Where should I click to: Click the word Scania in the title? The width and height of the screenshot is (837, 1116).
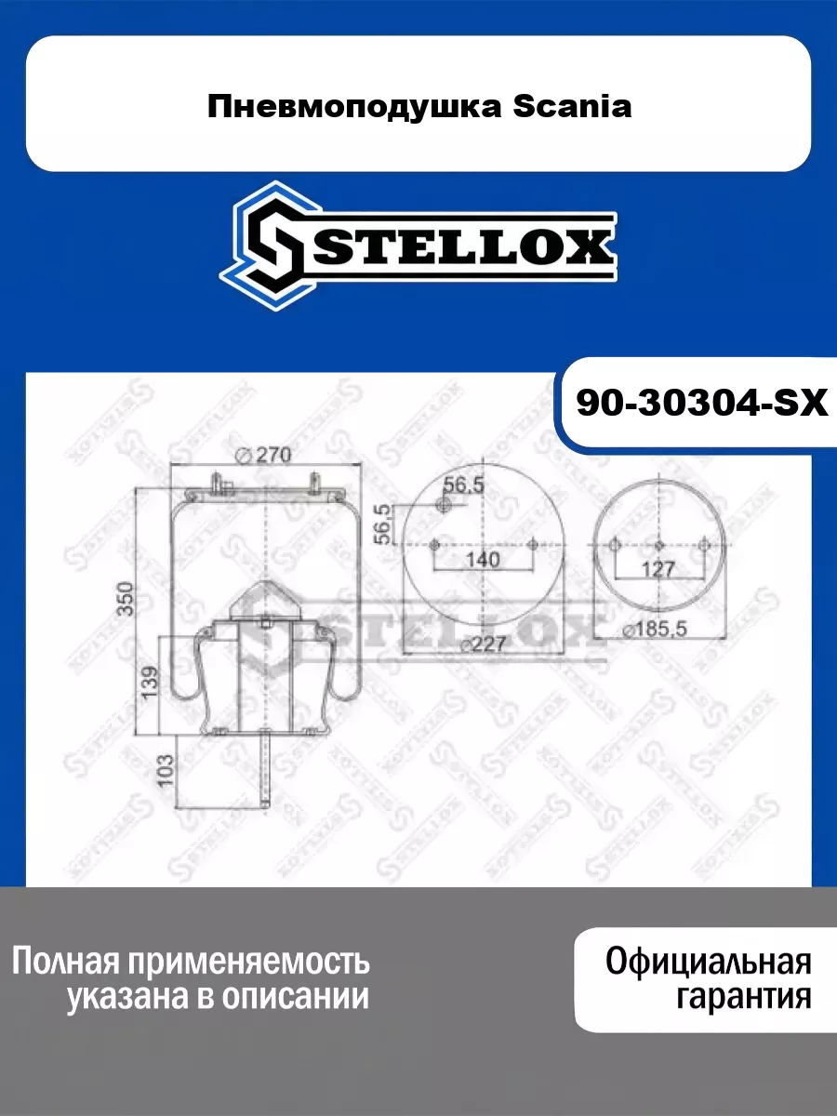click(x=572, y=107)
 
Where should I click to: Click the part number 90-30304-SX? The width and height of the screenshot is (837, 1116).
click(x=702, y=404)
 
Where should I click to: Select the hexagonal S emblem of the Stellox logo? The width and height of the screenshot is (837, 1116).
click(x=270, y=246)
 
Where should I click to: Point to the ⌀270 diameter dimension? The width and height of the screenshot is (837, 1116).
click(x=264, y=455)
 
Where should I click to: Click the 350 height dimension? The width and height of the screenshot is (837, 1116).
click(x=126, y=599)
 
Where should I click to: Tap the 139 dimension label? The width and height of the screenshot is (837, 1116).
click(x=151, y=683)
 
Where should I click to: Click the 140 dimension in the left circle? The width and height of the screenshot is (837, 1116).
click(x=483, y=560)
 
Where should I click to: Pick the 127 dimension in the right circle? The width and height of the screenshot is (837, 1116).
click(x=658, y=569)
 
